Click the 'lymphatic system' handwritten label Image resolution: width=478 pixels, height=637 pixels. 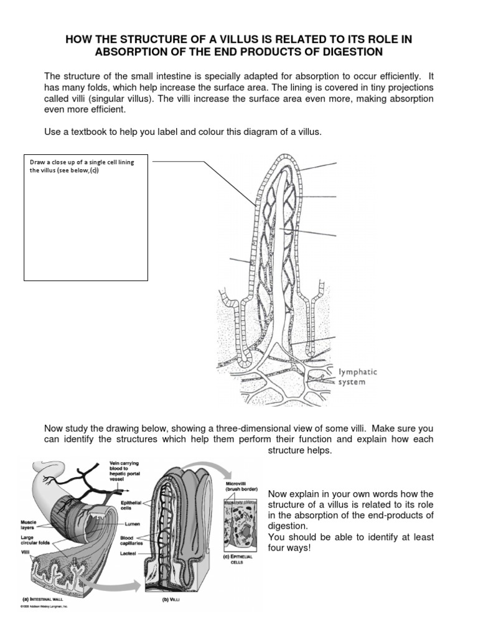pos(357,377)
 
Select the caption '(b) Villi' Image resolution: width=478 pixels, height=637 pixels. pos(161,600)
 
